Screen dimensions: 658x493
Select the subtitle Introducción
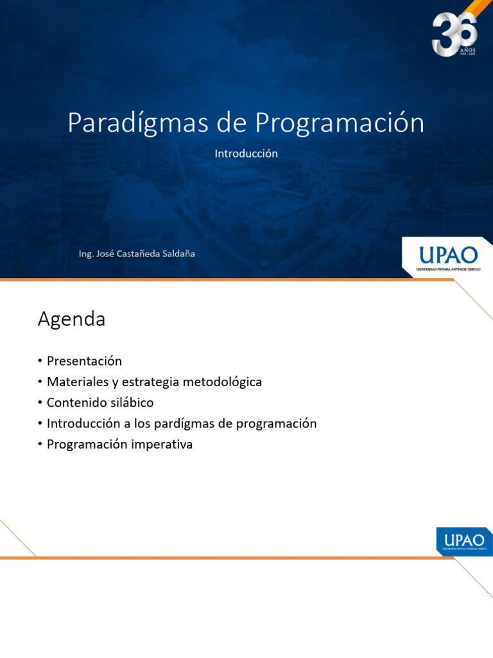pos(246,154)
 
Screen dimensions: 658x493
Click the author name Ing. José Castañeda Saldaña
pos(137,254)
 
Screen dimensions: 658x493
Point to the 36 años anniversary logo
pos(454,34)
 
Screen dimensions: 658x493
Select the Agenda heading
pos(71,319)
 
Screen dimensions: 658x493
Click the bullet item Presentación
pos(84,361)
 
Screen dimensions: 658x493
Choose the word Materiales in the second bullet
pos(76,382)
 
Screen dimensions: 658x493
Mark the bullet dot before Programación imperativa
pos(40,445)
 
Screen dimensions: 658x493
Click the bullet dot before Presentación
pos(40,361)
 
